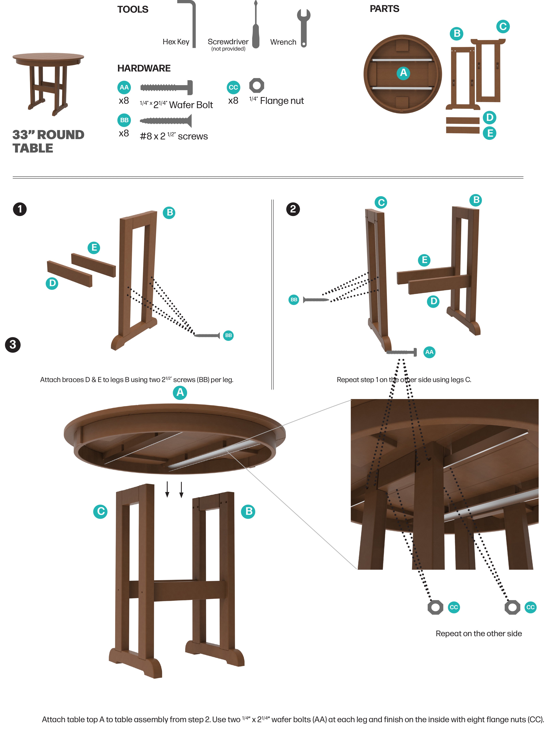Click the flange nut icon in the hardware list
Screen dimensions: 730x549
click(x=257, y=85)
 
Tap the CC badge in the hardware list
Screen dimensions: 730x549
click(x=233, y=88)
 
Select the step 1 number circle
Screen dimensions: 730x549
click(x=20, y=209)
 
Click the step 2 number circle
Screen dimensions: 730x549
click(x=293, y=209)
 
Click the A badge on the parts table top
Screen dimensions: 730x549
click(x=403, y=73)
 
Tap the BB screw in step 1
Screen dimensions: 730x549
click(x=207, y=336)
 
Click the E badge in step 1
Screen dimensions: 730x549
click(x=94, y=248)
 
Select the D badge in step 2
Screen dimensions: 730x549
click(x=433, y=301)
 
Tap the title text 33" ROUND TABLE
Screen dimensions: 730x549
click(x=48, y=141)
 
